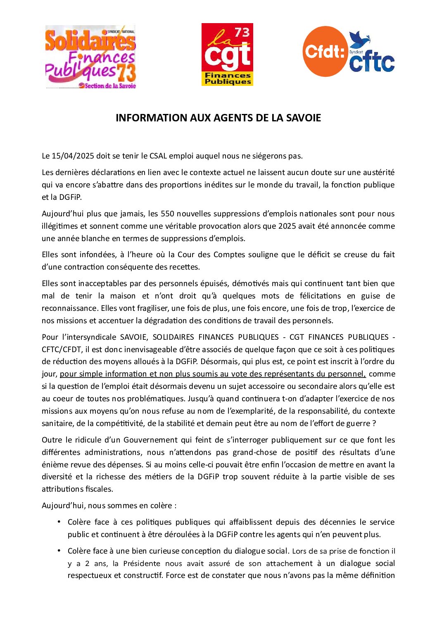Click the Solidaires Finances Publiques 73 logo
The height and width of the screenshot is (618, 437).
tap(90, 57)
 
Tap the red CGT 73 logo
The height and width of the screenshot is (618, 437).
tap(227, 54)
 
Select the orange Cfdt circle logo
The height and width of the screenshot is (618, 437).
tap(325, 52)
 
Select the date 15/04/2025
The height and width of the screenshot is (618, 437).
tap(73, 156)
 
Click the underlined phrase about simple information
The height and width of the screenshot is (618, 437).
tap(213, 374)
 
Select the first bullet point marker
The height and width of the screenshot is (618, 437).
tap(59, 522)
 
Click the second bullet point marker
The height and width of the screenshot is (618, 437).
tap(59, 551)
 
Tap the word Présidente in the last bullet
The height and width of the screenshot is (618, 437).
tap(142, 564)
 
